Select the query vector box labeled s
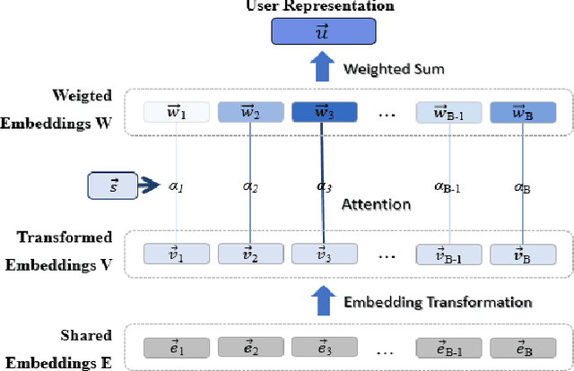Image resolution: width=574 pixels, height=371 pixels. (111, 185)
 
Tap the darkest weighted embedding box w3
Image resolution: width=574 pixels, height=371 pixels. (322, 112)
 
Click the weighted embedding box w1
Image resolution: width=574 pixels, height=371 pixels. (177, 112)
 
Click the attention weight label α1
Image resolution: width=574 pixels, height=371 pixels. (177, 185)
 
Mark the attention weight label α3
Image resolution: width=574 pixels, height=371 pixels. (322, 185)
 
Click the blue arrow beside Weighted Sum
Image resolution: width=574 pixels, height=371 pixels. (321, 68)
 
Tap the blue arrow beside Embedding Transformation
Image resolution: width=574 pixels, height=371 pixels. (321, 301)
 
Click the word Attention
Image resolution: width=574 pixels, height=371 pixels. (377, 204)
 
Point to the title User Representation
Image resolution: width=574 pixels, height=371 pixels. (320, 6)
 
